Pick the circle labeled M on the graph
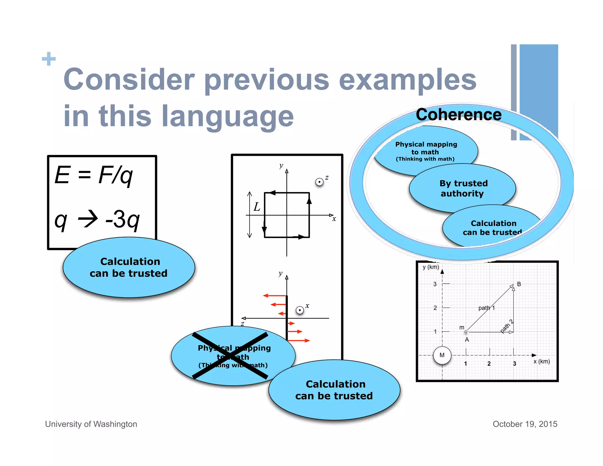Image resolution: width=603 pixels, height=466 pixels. [x=442, y=355]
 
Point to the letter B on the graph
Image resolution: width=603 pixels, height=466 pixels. [x=519, y=284]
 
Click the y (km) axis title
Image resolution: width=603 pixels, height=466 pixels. [x=430, y=267]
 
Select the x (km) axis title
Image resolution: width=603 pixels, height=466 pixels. [x=541, y=361]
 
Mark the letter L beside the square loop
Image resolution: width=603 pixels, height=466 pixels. [x=257, y=207]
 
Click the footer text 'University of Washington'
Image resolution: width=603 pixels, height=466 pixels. [x=91, y=424]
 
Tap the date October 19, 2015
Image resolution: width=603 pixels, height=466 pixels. [x=525, y=424]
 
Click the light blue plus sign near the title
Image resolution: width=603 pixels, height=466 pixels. [x=49, y=59]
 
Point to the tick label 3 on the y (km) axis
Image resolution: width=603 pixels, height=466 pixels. [x=435, y=284]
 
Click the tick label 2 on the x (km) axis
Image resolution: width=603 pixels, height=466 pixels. [x=489, y=364]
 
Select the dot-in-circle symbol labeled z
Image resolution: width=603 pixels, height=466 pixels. [x=319, y=182]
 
